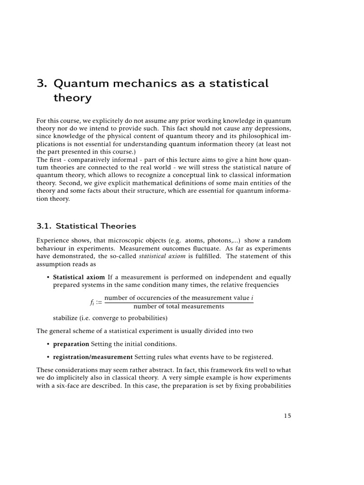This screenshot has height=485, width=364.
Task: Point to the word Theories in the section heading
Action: [118, 226]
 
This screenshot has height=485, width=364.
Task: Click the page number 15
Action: [287, 415]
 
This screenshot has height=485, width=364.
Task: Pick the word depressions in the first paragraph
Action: [272, 128]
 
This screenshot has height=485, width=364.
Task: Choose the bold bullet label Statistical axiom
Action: [79, 277]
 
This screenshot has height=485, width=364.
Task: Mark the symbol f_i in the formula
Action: [86, 302]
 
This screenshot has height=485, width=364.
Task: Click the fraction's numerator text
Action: [179, 298]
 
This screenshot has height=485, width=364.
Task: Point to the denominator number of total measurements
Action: [179, 306]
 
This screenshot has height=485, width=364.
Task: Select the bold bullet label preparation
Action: [71, 344]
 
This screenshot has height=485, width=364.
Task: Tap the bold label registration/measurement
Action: [93, 357]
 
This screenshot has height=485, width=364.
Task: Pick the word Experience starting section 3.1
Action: [52, 241]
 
